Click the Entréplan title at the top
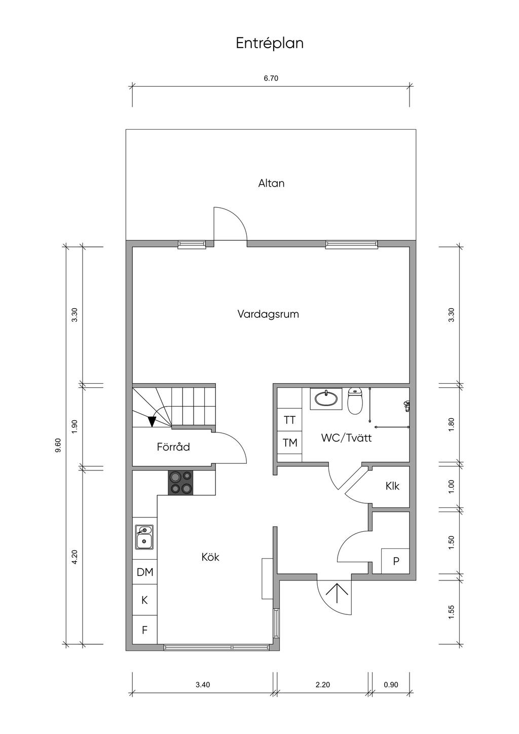(270, 44)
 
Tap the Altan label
(271, 183)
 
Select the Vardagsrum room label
(268, 314)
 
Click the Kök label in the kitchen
(210, 557)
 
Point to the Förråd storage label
(173, 447)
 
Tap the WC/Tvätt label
(346, 438)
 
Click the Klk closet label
(392, 486)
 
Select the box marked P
(395, 561)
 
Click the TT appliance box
(289, 420)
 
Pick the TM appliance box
(289, 443)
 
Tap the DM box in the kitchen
(145, 572)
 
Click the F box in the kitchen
(145, 630)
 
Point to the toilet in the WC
(354, 401)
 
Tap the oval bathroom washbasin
(326, 398)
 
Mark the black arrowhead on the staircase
(152, 421)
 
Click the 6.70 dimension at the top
(271, 78)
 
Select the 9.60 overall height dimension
(58, 445)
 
